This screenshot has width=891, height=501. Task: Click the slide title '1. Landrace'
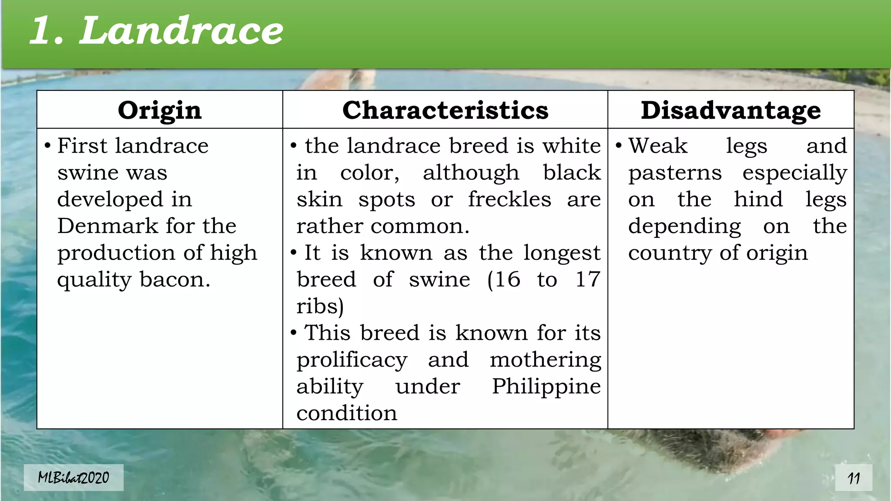(x=157, y=30)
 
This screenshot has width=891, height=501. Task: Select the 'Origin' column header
(x=160, y=110)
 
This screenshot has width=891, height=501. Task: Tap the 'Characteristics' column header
(x=445, y=110)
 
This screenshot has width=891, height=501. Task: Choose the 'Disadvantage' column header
(x=730, y=110)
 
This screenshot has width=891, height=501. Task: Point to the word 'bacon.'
(x=175, y=280)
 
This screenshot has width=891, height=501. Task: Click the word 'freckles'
(x=509, y=200)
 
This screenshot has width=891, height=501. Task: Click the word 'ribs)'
(x=320, y=306)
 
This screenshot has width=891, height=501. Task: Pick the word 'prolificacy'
(x=352, y=360)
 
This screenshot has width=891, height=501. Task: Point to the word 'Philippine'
(x=546, y=387)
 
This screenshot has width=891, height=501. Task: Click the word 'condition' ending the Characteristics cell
(x=347, y=413)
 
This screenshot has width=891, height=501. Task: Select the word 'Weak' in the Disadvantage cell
(x=658, y=146)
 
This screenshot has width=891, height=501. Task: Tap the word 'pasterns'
(x=675, y=173)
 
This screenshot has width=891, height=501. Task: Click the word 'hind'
(x=758, y=200)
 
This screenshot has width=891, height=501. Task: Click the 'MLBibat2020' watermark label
(x=74, y=478)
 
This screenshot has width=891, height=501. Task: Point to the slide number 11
(x=854, y=478)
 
